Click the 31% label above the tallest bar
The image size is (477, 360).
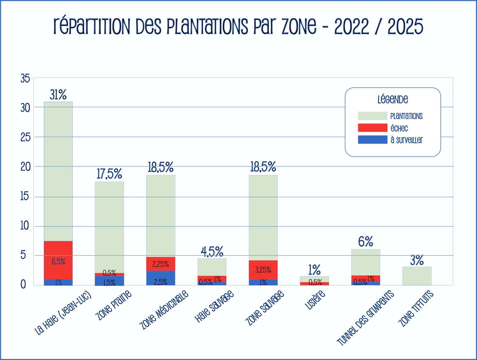(x=58, y=95)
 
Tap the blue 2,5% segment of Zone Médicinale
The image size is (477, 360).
(x=161, y=278)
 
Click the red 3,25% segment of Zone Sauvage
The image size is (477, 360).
(x=263, y=269)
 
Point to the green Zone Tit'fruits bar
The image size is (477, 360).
(x=417, y=276)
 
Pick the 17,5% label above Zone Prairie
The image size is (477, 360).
(x=109, y=174)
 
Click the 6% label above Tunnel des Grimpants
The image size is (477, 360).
(x=366, y=242)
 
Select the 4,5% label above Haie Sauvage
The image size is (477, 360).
(x=212, y=252)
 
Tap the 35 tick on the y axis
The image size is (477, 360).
(x=25, y=78)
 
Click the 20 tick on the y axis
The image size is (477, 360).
(x=25, y=167)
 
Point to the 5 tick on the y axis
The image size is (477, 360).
(x=23, y=255)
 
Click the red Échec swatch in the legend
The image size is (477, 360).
(x=372, y=128)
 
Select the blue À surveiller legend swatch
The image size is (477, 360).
(x=372, y=140)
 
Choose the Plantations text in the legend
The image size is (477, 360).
(x=406, y=116)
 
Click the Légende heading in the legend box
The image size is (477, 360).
(x=393, y=99)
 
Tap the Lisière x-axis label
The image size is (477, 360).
(x=315, y=300)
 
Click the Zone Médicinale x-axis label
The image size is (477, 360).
(x=164, y=310)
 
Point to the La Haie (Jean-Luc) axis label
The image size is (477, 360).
(x=63, y=313)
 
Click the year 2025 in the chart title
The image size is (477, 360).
(x=405, y=27)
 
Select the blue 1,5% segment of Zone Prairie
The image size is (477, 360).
(x=109, y=281)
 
